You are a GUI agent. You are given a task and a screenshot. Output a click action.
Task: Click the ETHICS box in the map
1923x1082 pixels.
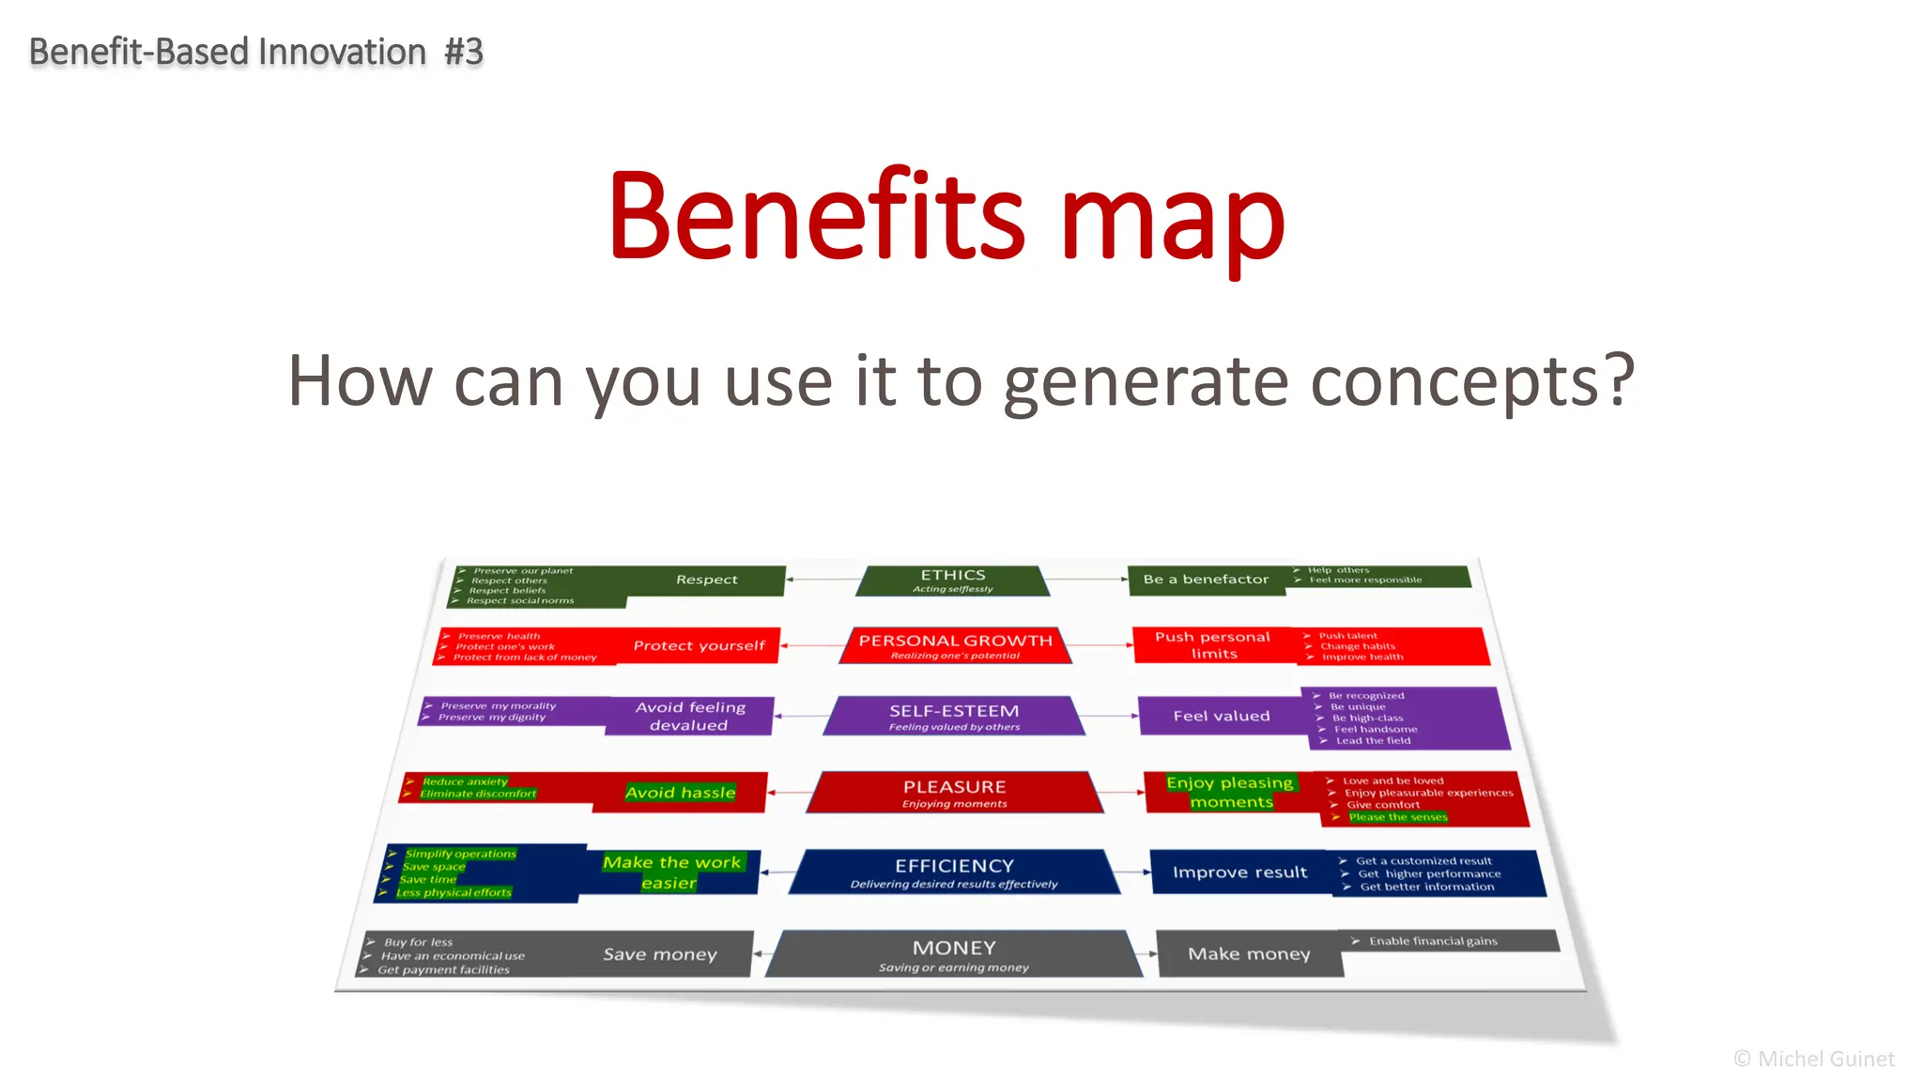pyautogui.click(x=953, y=580)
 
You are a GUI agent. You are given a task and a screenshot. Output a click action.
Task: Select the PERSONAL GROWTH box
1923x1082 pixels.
pyautogui.click(x=955, y=645)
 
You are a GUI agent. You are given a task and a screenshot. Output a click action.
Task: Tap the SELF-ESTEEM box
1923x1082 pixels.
pyautogui.click(x=954, y=716)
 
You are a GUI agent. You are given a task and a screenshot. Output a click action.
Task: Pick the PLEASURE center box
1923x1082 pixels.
pyautogui.click(x=954, y=792)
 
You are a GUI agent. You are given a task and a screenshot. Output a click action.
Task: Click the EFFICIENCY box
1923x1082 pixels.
pyautogui.click(x=954, y=872)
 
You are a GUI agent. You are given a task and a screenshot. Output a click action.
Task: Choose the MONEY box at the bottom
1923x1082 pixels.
pyautogui.click(x=954, y=954)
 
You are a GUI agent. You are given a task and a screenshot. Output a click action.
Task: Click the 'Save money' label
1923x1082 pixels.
pyautogui.click(x=660, y=954)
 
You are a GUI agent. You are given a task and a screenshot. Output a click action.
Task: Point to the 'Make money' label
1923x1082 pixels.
pyautogui.click(x=1249, y=954)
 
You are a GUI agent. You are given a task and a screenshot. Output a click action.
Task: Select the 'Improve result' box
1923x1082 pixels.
pyautogui.click(x=1239, y=873)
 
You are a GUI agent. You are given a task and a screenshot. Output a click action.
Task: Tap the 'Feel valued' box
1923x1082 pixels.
pyautogui.click(x=1221, y=716)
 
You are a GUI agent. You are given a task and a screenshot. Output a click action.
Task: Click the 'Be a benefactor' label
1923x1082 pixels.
pyautogui.click(x=1206, y=580)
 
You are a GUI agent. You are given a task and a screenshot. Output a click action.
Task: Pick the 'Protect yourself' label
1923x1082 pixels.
pyautogui.click(x=699, y=645)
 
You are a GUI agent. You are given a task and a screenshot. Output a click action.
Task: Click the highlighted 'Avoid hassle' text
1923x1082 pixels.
pyautogui.click(x=680, y=793)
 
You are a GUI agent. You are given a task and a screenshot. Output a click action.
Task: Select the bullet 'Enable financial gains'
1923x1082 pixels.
pyautogui.click(x=1433, y=941)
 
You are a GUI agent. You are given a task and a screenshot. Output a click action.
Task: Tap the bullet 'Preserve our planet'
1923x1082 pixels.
pyautogui.click(x=523, y=570)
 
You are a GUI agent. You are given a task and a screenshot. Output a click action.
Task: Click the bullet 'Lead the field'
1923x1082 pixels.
pyautogui.click(x=1373, y=741)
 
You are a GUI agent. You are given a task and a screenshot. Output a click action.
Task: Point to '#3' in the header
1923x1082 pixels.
pyautogui.click(x=464, y=52)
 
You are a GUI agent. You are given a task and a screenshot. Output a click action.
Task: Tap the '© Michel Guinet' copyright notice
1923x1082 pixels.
pyautogui.click(x=1813, y=1059)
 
